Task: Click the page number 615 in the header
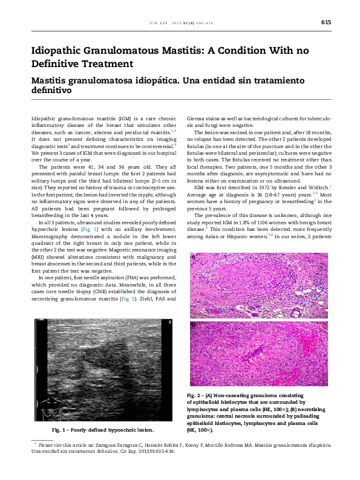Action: pyautogui.click(x=326, y=22)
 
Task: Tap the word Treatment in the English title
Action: pyautogui.click(x=102, y=63)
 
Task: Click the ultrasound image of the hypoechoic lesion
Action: pyautogui.click(x=103, y=370)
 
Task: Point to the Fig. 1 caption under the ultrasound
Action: pyautogui.click(x=103, y=430)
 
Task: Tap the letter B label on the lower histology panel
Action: pyautogui.click(x=194, y=325)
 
